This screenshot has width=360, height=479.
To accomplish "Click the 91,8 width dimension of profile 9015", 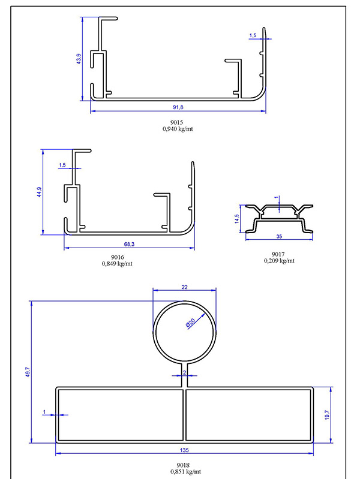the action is pos(178,107).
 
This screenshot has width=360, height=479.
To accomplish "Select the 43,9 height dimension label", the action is pos(79,59).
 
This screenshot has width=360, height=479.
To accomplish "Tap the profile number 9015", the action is pos(177,122).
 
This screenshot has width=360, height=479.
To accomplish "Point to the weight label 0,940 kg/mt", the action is pos(178,129).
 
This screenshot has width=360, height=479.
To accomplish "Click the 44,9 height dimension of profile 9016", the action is pos(40,192).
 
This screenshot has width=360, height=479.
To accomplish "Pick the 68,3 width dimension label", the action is pos(129,244).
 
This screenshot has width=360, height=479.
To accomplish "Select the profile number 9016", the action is pos(118,257).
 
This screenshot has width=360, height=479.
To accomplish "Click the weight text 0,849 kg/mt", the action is pos(117,264).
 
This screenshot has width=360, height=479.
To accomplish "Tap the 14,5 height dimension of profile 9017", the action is pos(237,219).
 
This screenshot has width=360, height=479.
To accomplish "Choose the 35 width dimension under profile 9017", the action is pos(279,236).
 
